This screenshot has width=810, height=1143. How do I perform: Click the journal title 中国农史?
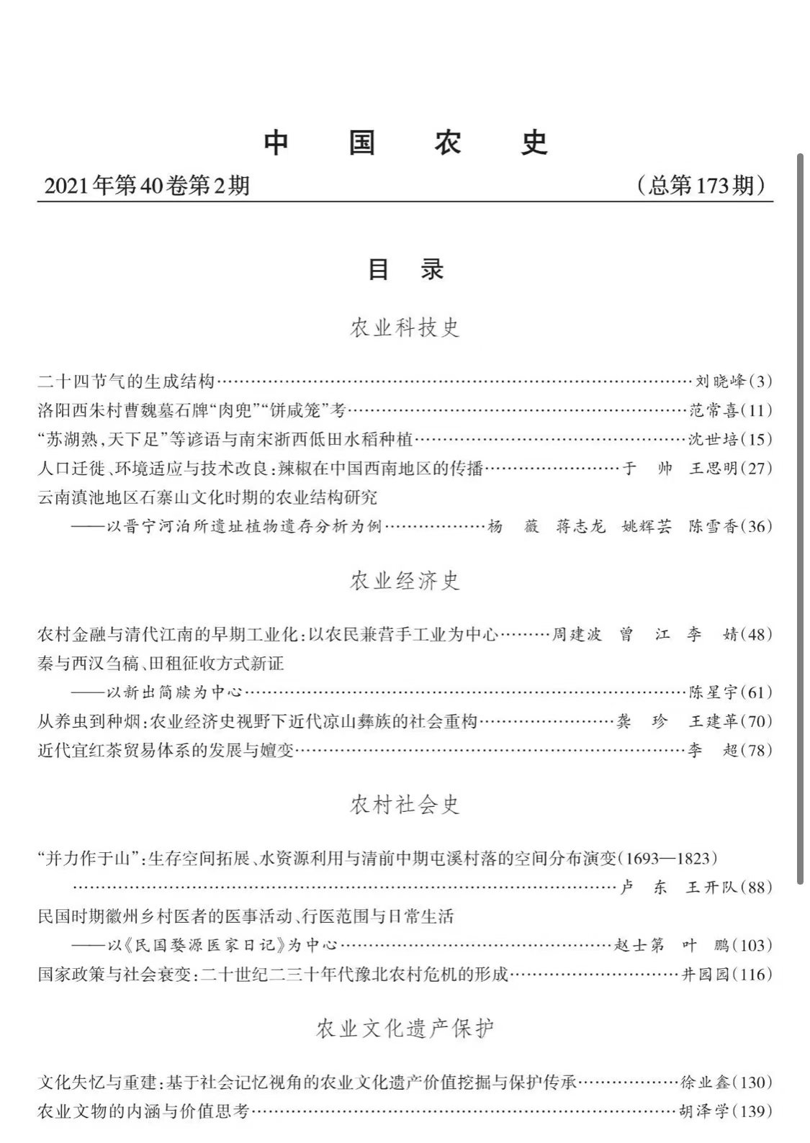click(x=405, y=143)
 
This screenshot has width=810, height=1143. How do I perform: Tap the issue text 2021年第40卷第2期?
click(x=147, y=186)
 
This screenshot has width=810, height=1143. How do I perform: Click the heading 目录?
click(x=405, y=269)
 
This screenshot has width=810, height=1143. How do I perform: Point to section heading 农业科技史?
click(x=405, y=327)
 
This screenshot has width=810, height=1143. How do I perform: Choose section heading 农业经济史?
click(x=405, y=580)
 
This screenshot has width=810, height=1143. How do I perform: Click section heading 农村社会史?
click(x=405, y=804)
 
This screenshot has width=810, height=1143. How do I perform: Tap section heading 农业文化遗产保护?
click(x=405, y=1029)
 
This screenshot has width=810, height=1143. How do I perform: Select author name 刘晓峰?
click(x=720, y=381)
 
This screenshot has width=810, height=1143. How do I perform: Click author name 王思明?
click(x=713, y=469)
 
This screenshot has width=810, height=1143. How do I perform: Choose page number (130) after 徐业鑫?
click(x=752, y=1082)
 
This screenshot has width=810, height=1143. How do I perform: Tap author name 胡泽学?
click(x=704, y=1111)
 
